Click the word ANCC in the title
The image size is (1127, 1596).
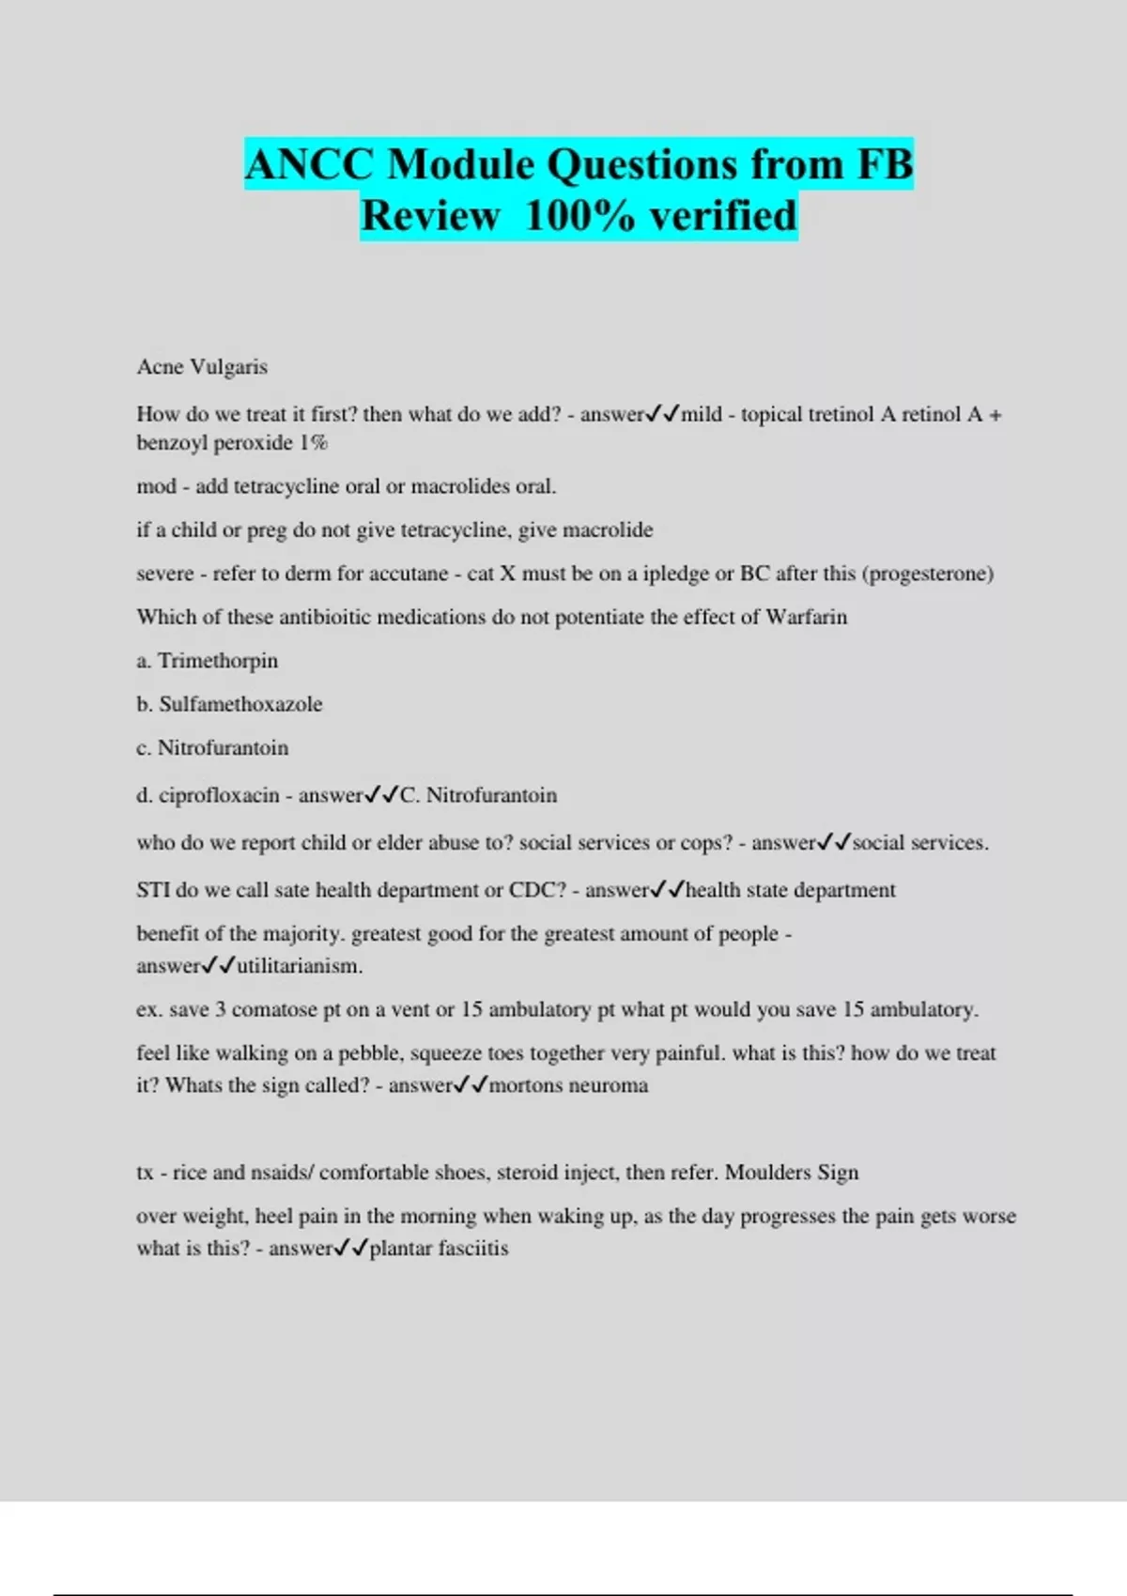[309, 165]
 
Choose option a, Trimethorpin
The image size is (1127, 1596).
[218, 661]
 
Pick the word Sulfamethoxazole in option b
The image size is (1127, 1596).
[240, 704]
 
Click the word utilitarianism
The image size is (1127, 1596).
[300, 966]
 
